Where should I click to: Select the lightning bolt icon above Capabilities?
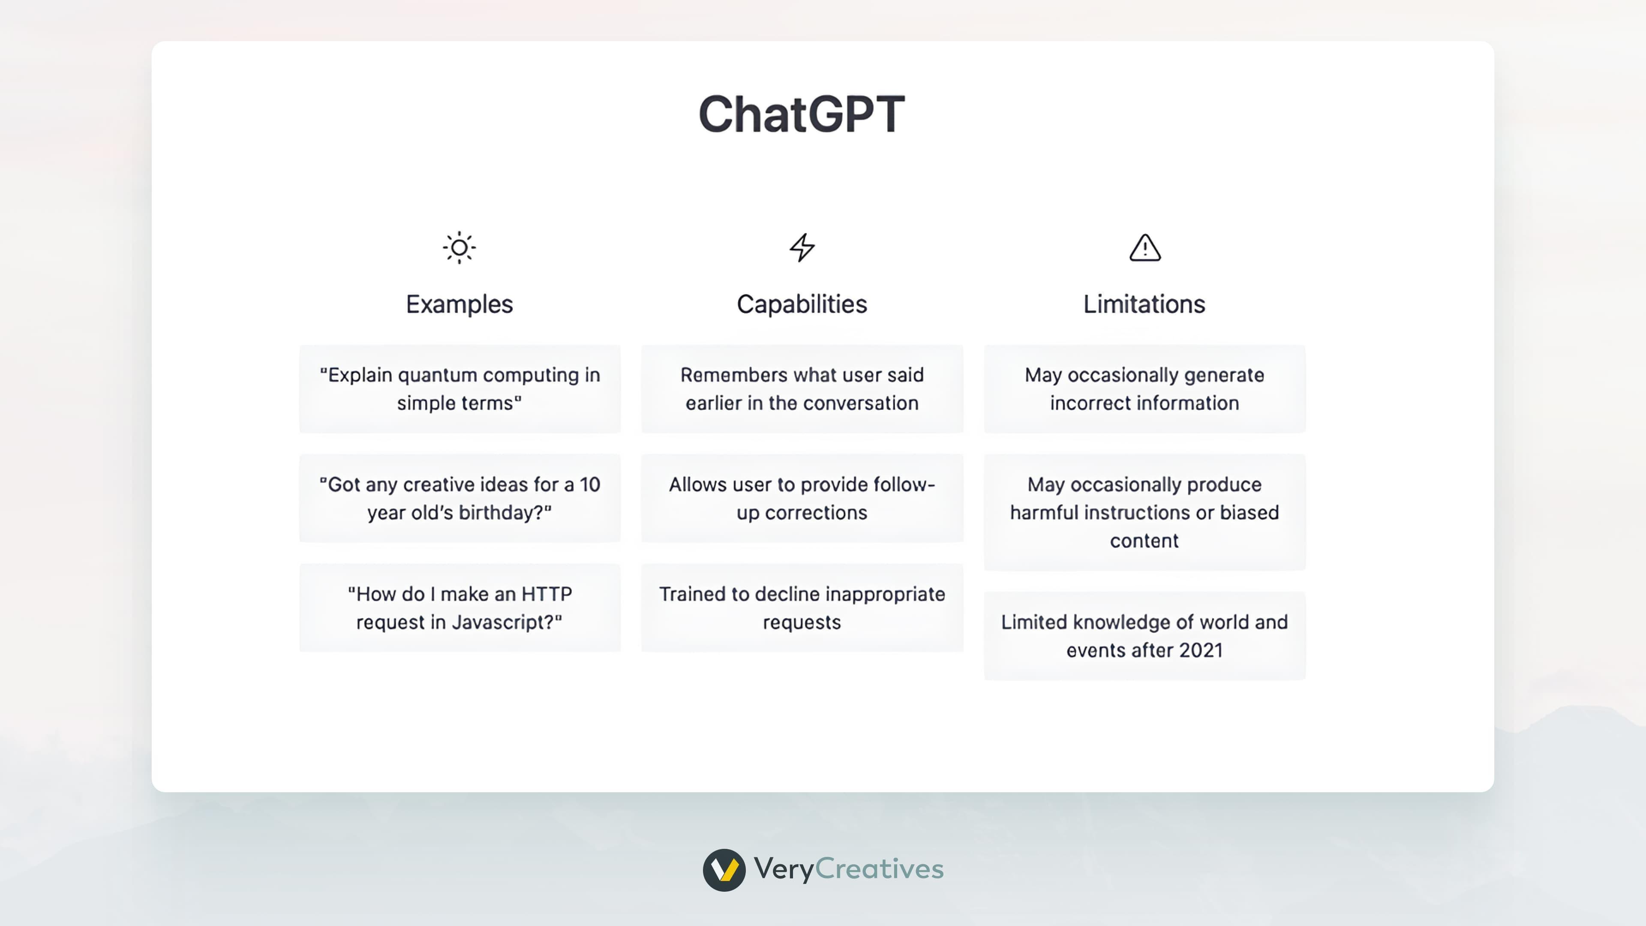click(x=802, y=247)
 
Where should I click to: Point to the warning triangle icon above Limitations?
click(x=1145, y=247)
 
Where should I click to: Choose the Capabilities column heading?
click(x=802, y=304)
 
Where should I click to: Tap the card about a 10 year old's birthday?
click(x=460, y=499)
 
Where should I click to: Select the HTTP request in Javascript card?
click(x=460, y=608)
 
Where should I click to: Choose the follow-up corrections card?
click(x=802, y=499)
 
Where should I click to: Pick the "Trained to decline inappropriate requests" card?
click(x=802, y=608)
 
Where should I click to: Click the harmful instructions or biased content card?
click(x=1144, y=513)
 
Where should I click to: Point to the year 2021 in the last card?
click(x=1201, y=651)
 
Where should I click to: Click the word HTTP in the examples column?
click(x=547, y=594)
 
